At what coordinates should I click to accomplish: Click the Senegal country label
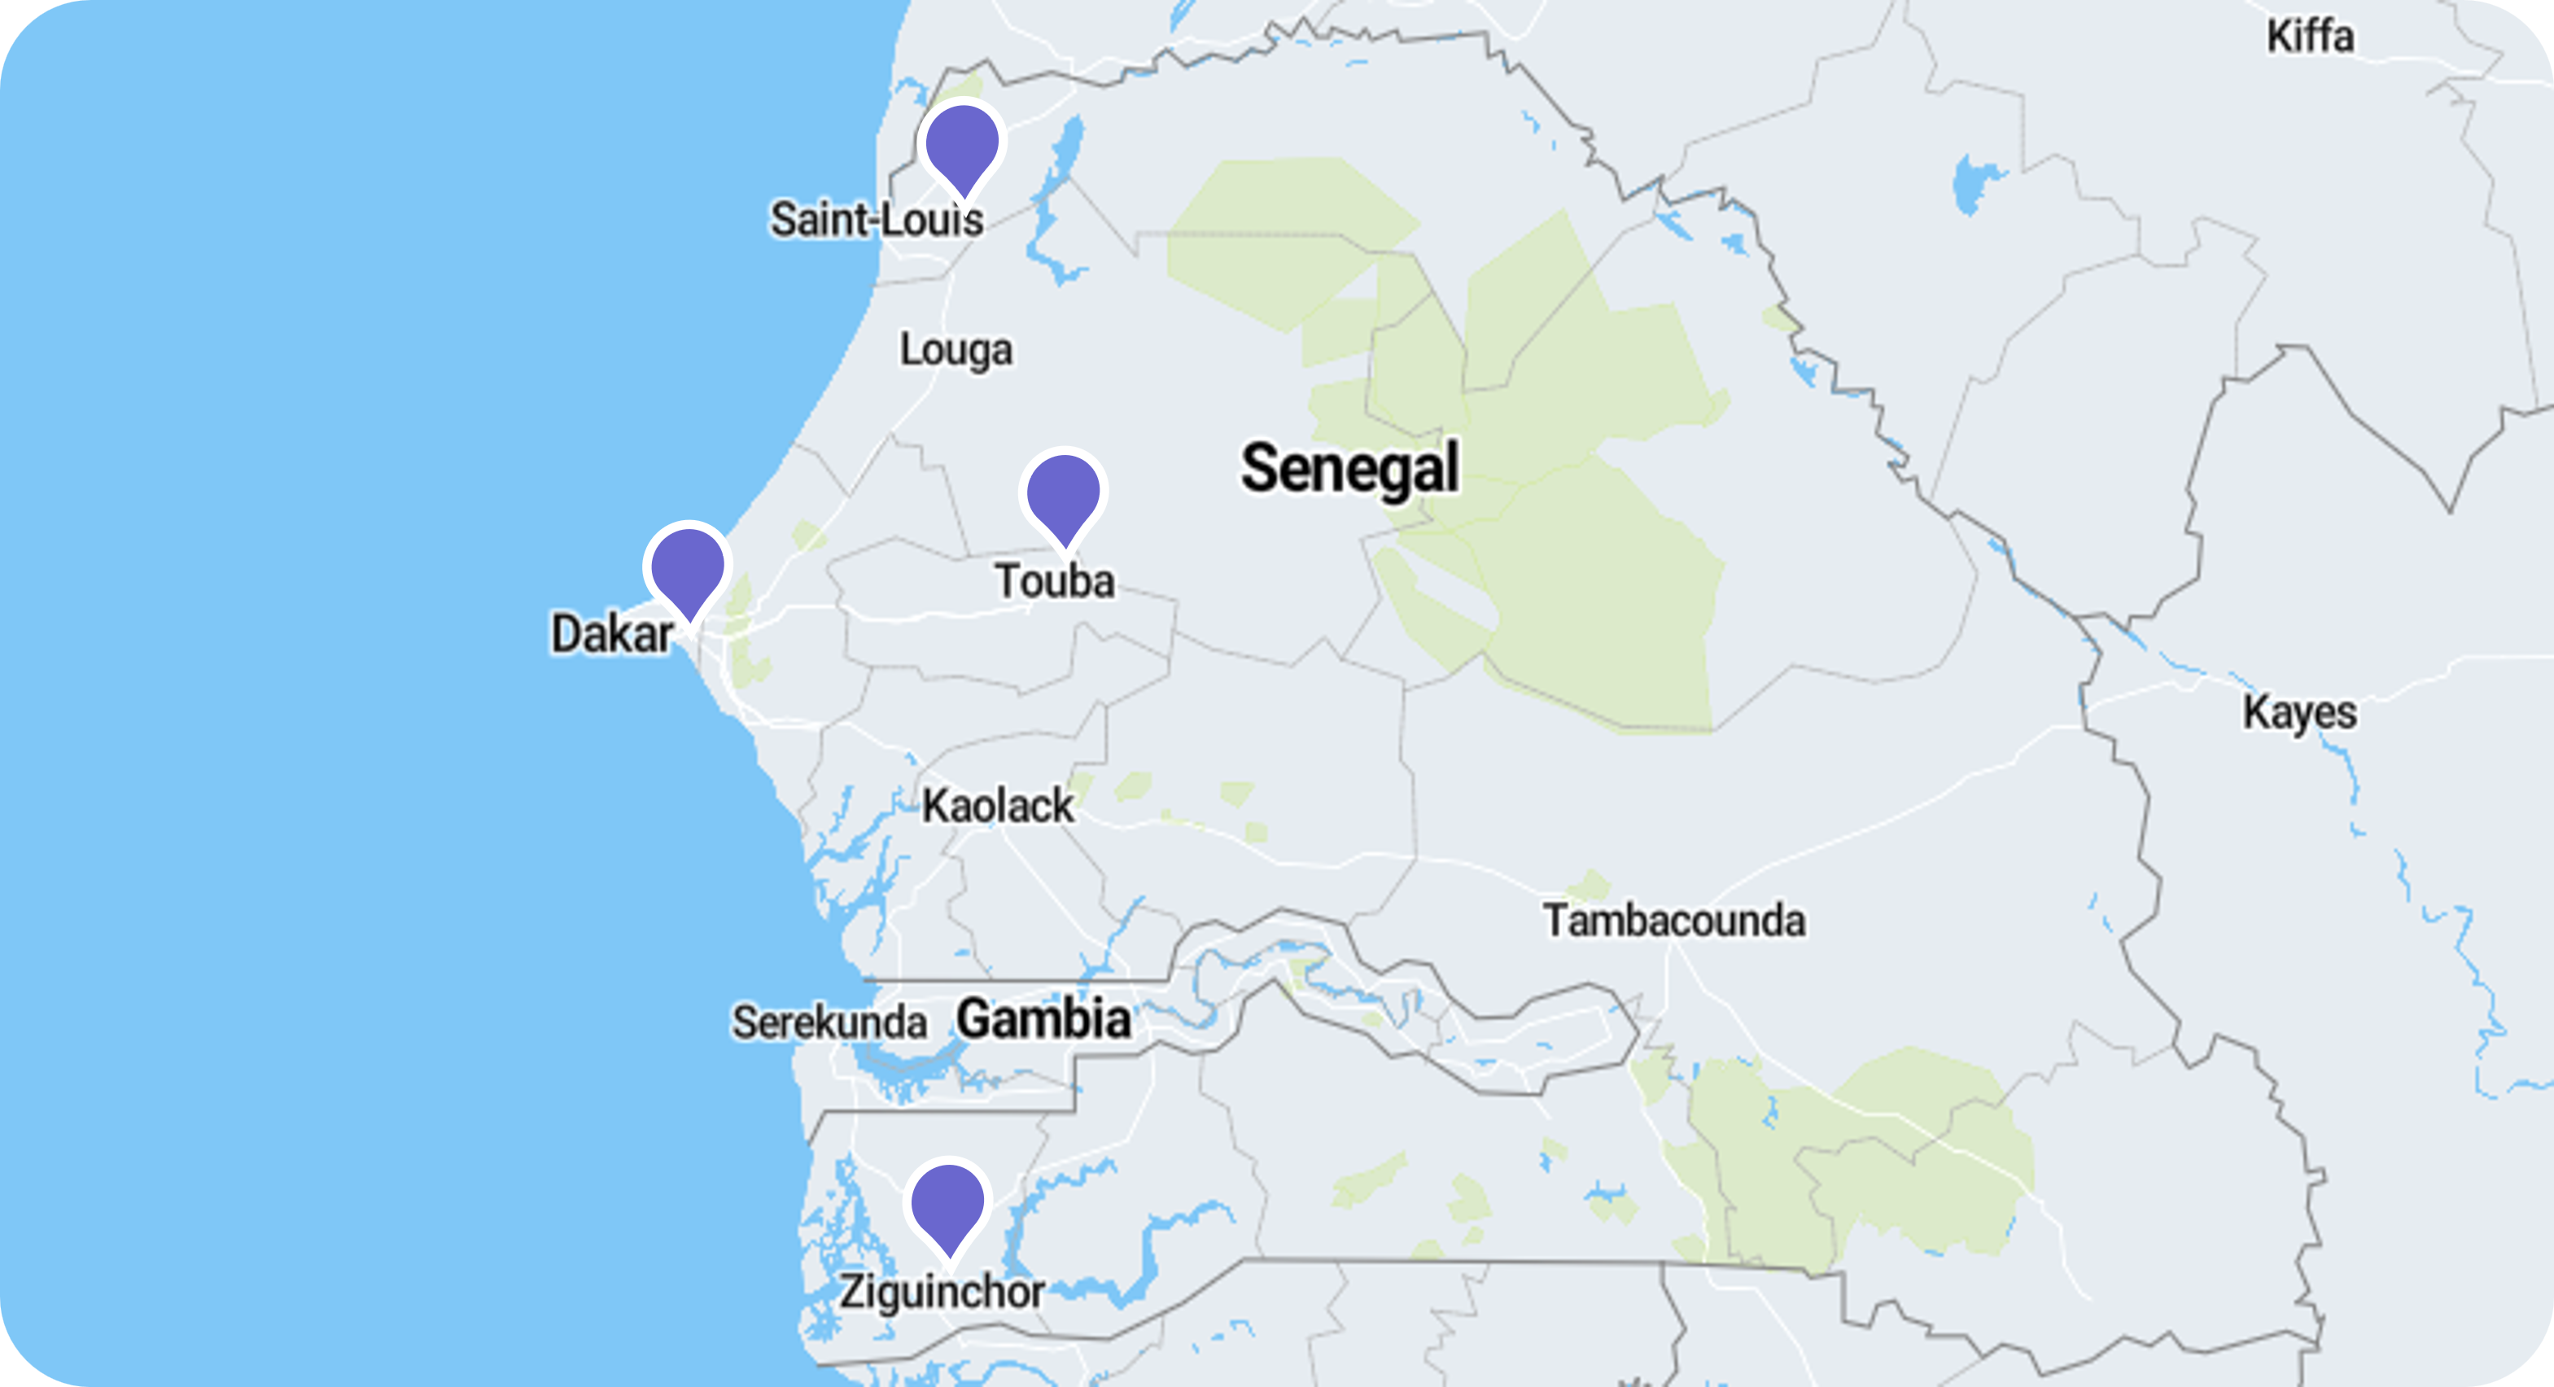point(1349,469)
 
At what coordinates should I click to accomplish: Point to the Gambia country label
point(1043,1019)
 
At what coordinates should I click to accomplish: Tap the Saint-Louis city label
point(877,219)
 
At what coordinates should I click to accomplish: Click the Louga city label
point(956,349)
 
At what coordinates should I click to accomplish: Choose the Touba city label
point(1055,581)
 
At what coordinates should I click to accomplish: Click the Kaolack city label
point(997,806)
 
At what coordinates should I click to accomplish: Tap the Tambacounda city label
point(1673,921)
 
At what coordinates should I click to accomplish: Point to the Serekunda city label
point(829,1022)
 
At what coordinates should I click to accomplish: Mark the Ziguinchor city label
point(942,1292)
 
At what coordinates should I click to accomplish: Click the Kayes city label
point(2299,713)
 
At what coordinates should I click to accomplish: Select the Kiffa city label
point(2310,37)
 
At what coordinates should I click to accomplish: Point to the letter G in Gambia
point(976,1019)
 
